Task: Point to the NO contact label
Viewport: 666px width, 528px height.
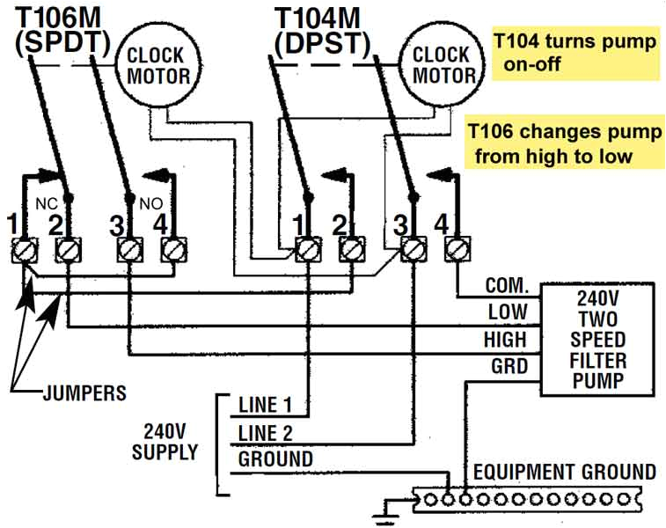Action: pos(148,202)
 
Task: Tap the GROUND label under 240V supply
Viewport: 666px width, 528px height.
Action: pos(275,459)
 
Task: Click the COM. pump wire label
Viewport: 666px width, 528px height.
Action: pos(506,287)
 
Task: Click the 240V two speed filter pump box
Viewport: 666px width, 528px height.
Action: pos(597,339)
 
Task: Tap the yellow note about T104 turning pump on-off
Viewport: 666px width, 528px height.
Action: pos(574,52)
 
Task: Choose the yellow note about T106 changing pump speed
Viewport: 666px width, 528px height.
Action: pos(563,143)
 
